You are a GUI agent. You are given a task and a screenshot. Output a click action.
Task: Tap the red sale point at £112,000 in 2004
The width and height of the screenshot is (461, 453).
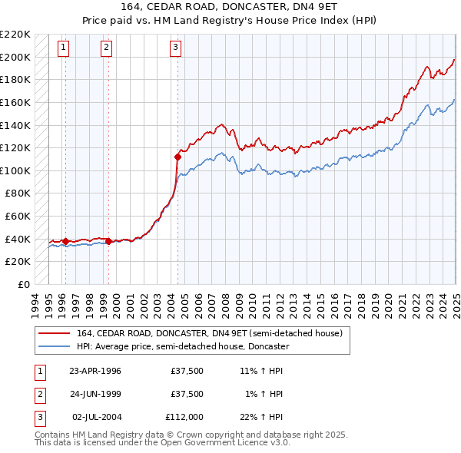(177, 157)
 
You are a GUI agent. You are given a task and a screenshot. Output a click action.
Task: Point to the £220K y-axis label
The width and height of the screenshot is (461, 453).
(16, 35)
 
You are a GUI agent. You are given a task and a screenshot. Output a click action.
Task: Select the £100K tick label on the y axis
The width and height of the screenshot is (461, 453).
(16, 170)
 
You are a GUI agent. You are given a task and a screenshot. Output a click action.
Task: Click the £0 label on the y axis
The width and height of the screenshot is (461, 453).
(24, 284)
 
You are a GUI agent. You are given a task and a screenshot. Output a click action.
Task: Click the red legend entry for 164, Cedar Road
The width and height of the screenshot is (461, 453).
(214, 333)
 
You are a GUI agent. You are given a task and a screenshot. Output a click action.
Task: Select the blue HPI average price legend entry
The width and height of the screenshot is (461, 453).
(182, 346)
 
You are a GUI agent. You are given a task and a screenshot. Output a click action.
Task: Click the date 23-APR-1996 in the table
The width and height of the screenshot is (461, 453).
(95, 371)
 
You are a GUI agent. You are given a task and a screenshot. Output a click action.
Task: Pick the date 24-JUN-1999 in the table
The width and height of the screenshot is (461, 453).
(95, 394)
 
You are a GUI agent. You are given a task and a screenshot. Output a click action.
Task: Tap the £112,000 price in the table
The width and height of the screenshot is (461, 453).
(184, 417)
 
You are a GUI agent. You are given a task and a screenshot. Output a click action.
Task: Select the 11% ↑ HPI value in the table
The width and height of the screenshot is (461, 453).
(261, 371)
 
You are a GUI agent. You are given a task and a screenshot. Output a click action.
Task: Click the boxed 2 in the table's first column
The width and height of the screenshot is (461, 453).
(39, 394)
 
